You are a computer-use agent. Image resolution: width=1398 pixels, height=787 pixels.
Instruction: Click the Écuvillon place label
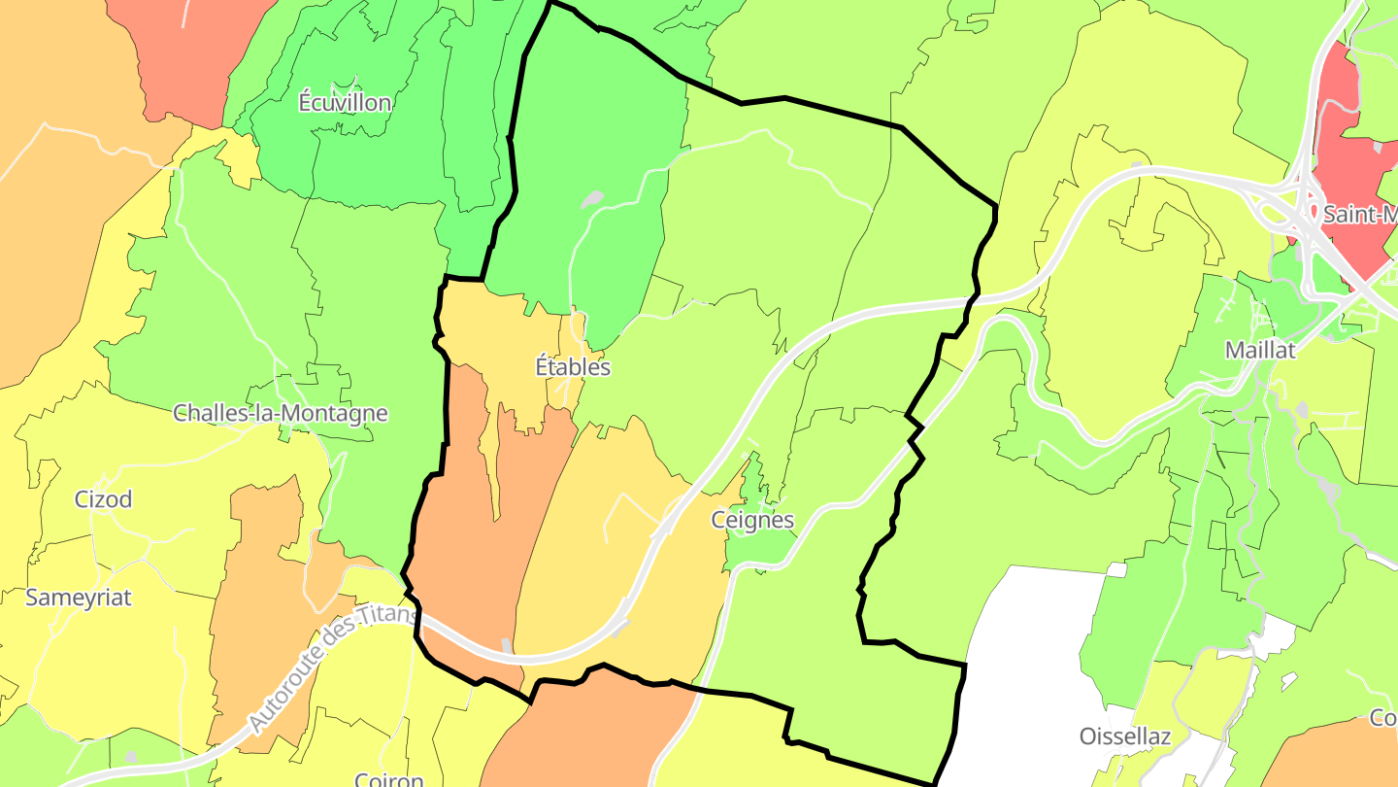(345, 103)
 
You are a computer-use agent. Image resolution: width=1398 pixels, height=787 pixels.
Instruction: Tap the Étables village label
(573, 367)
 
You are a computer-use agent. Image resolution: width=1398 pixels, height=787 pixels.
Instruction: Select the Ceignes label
(752, 520)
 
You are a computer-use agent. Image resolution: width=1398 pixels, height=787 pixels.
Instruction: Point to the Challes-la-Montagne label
(280, 413)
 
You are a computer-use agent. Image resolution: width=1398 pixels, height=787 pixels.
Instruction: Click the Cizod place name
(103, 499)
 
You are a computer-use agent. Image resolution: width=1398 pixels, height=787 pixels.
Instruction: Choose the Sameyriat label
(78, 598)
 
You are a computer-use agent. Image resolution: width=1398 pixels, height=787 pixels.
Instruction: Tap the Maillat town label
(1260, 351)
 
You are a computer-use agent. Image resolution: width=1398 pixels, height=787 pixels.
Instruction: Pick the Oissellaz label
(1124, 736)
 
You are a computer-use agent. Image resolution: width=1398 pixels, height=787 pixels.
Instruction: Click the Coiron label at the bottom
(388, 779)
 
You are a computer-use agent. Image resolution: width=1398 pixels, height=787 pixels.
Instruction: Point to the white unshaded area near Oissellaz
(1029, 641)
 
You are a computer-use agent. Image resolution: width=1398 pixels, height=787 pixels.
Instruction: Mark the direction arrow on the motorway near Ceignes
(666, 530)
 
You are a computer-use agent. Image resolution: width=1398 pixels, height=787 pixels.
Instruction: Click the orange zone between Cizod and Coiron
(257, 602)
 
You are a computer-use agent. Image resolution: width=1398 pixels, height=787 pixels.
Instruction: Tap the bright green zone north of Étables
(592, 146)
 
